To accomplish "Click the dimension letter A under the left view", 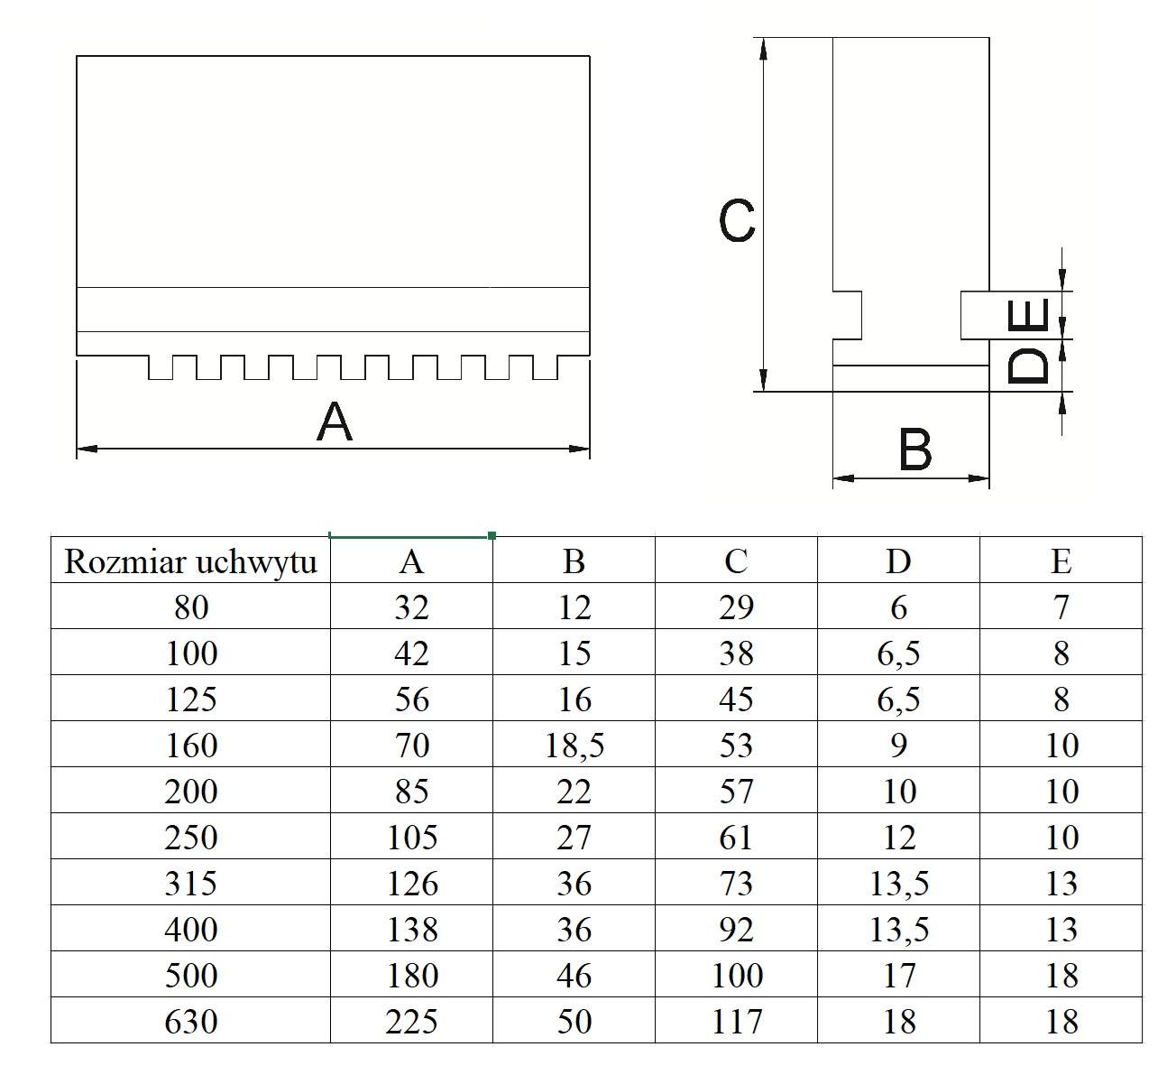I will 335,422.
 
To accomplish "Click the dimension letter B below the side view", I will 915,450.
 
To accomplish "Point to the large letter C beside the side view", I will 737,220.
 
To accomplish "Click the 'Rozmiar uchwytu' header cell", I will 191,561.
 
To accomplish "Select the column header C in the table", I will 736,561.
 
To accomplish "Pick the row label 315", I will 191,883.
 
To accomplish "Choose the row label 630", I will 191,1021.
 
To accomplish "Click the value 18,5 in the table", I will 574,746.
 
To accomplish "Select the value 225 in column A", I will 411,1021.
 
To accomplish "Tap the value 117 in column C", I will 736,1021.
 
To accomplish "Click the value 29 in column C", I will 736,607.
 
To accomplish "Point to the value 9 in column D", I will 898,746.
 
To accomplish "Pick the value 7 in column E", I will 1061,607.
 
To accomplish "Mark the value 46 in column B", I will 574,975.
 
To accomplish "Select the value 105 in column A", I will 411,838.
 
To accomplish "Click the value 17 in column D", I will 898,975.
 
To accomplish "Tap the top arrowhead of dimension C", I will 763,47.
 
